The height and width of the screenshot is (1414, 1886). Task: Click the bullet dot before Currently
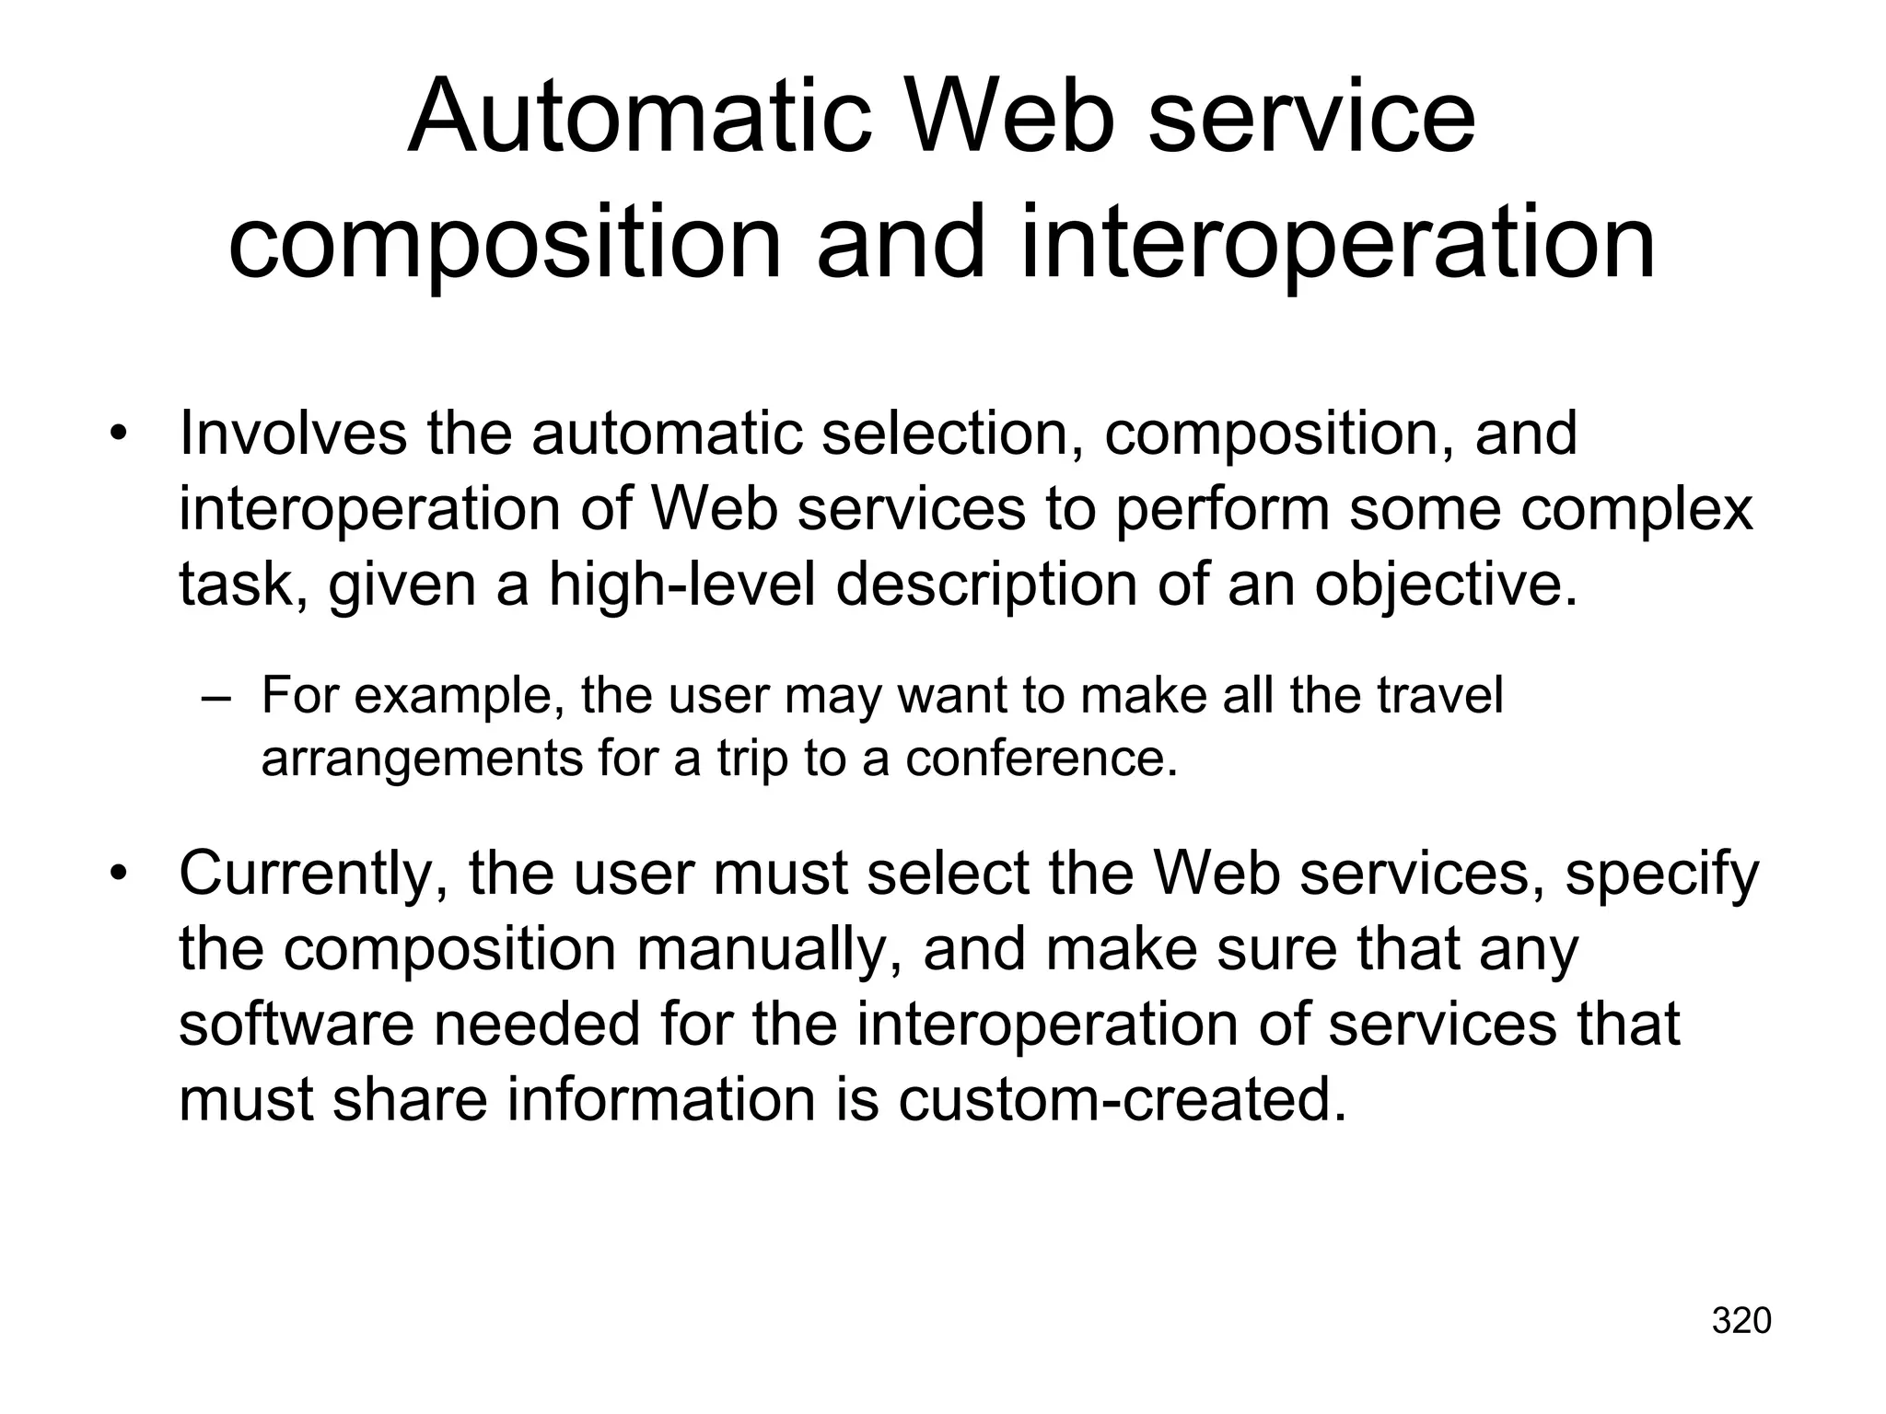(x=117, y=873)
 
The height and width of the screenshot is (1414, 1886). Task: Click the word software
(x=296, y=1024)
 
